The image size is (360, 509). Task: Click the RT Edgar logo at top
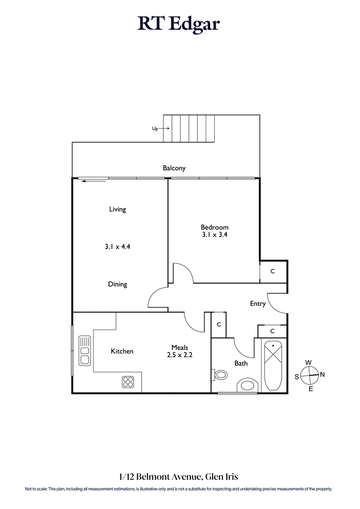[x=179, y=23]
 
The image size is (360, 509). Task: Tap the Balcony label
[x=174, y=168]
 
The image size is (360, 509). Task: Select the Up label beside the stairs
[x=155, y=129]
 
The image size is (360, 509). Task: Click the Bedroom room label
[x=215, y=228]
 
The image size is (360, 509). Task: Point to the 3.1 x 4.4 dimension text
[x=117, y=246]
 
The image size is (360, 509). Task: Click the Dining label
[x=117, y=284]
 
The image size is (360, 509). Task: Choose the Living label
[x=117, y=209]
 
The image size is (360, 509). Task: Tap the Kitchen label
[x=122, y=351]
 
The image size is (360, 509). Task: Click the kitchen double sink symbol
[x=84, y=350]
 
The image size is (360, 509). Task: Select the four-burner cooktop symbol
[x=128, y=382]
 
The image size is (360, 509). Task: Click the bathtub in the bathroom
[x=273, y=366]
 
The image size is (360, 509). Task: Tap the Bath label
[x=241, y=363]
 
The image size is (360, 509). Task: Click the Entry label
[x=258, y=304]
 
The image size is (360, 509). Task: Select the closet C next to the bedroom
[x=273, y=272]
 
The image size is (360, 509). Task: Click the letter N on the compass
[x=322, y=374]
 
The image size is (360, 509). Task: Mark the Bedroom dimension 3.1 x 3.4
[x=215, y=234]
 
